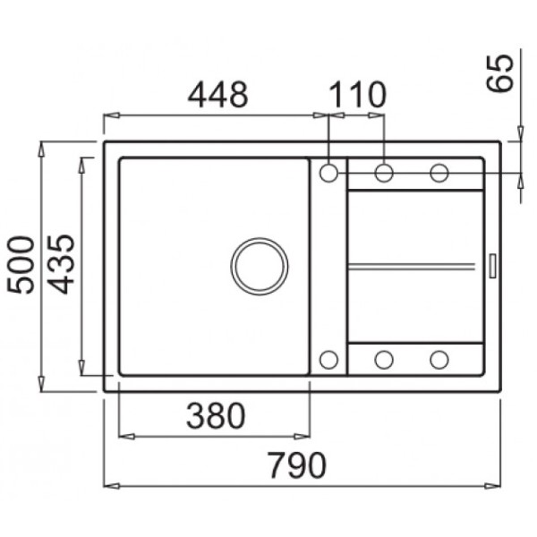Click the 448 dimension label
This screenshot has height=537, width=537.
[x=217, y=94]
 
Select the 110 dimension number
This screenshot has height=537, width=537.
[x=358, y=94]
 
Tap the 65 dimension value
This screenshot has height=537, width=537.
[x=500, y=73]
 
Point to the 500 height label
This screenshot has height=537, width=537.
[x=21, y=265]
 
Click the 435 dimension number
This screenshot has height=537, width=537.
[x=61, y=264]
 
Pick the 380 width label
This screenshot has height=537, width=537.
[x=216, y=416]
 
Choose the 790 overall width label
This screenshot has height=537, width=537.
[x=296, y=465]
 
